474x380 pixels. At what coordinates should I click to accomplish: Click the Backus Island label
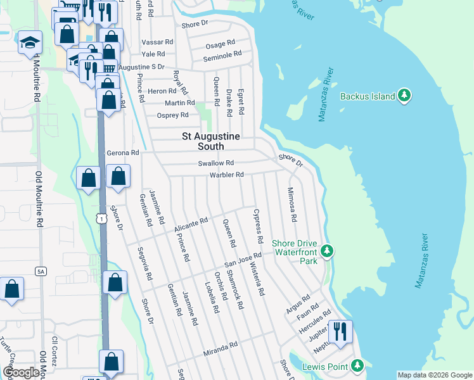click(368, 96)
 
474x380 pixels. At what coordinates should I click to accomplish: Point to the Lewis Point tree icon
click(358, 365)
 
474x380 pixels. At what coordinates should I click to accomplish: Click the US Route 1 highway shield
click(101, 217)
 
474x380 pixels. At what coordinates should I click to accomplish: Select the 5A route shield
click(41, 271)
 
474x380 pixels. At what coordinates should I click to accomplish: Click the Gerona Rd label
click(122, 153)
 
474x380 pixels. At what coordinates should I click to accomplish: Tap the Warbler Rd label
click(226, 175)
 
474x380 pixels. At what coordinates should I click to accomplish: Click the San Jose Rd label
click(243, 260)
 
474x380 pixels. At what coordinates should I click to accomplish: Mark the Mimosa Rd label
click(291, 205)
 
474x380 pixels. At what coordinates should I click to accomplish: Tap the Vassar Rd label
click(157, 41)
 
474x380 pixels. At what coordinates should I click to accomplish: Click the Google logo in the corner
click(21, 373)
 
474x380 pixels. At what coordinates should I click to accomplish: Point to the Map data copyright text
click(434, 375)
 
